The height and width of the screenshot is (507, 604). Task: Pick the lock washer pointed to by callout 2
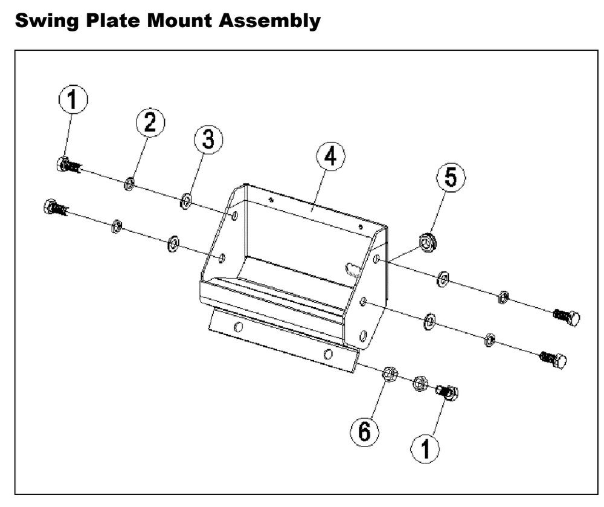(x=129, y=184)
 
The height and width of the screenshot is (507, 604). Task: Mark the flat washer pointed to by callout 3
(x=185, y=200)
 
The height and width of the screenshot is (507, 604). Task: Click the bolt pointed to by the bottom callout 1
(x=448, y=392)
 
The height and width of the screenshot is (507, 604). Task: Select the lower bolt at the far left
(x=55, y=208)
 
